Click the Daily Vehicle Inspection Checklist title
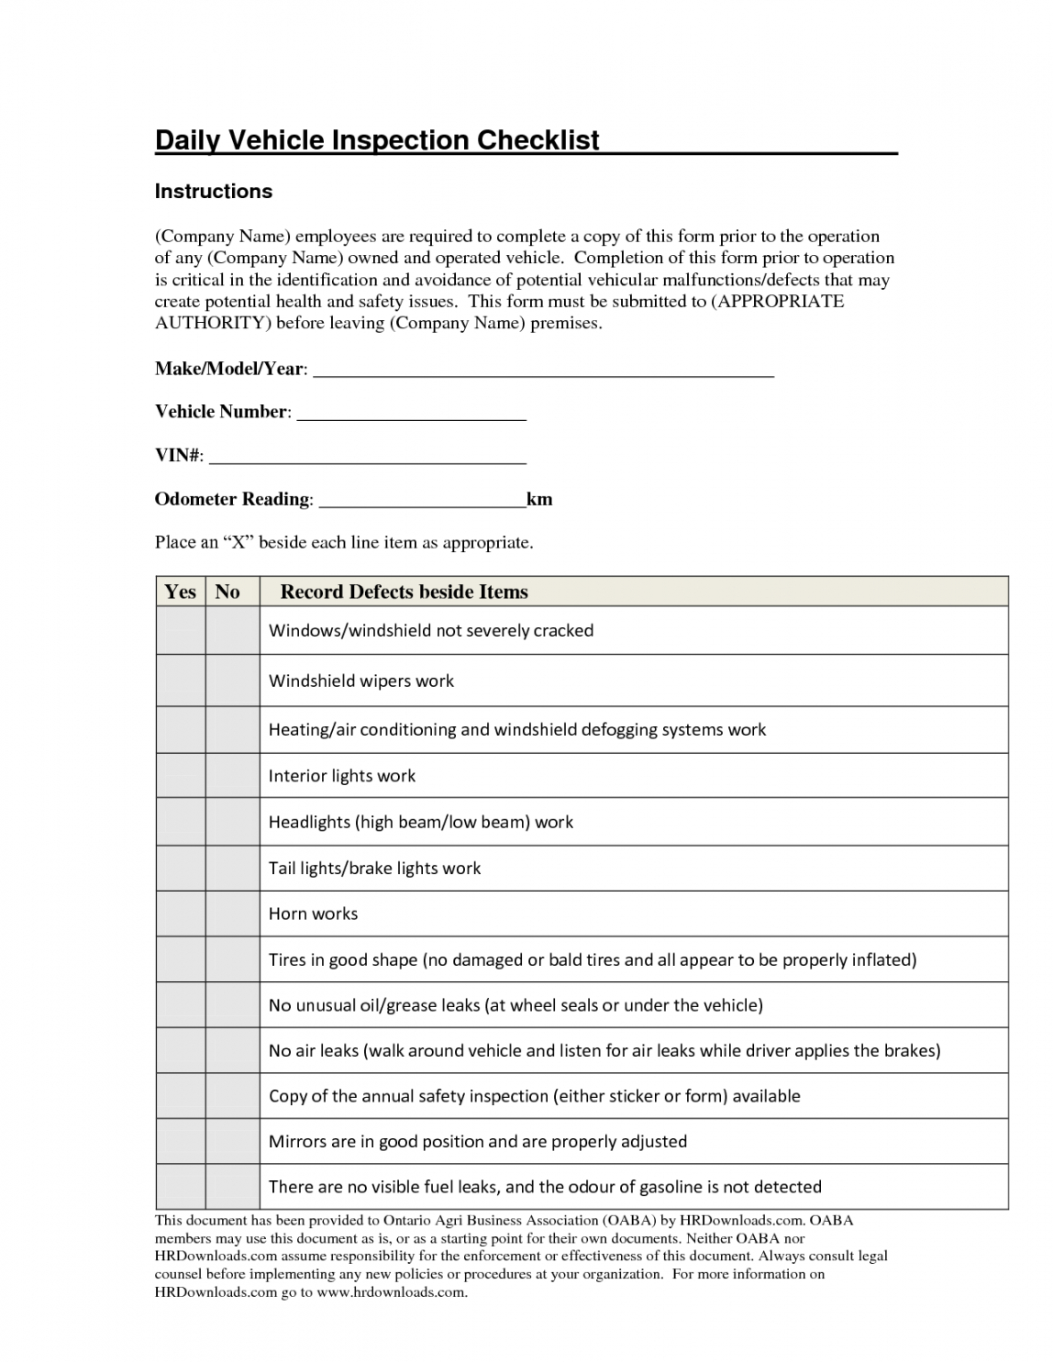pyautogui.click(x=376, y=140)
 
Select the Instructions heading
pyautogui.click(x=213, y=192)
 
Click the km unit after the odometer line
pyautogui.click(x=539, y=500)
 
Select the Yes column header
pyautogui.click(x=180, y=592)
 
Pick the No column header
pyautogui.click(x=227, y=592)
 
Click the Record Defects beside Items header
pyautogui.click(x=404, y=592)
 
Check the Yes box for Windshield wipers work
pyautogui.click(x=180, y=681)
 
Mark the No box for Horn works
pyautogui.click(x=232, y=914)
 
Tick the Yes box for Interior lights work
pyautogui.click(x=180, y=776)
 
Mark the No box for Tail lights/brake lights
pyautogui.click(x=232, y=868)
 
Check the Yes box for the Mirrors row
pyautogui.click(x=180, y=1141)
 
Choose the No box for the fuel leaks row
pyautogui.click(x=232, y=1187)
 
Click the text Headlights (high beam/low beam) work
pyautogui.click(x=420, y=822)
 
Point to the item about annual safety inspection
pyautogui.click(x=534, y=1096)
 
